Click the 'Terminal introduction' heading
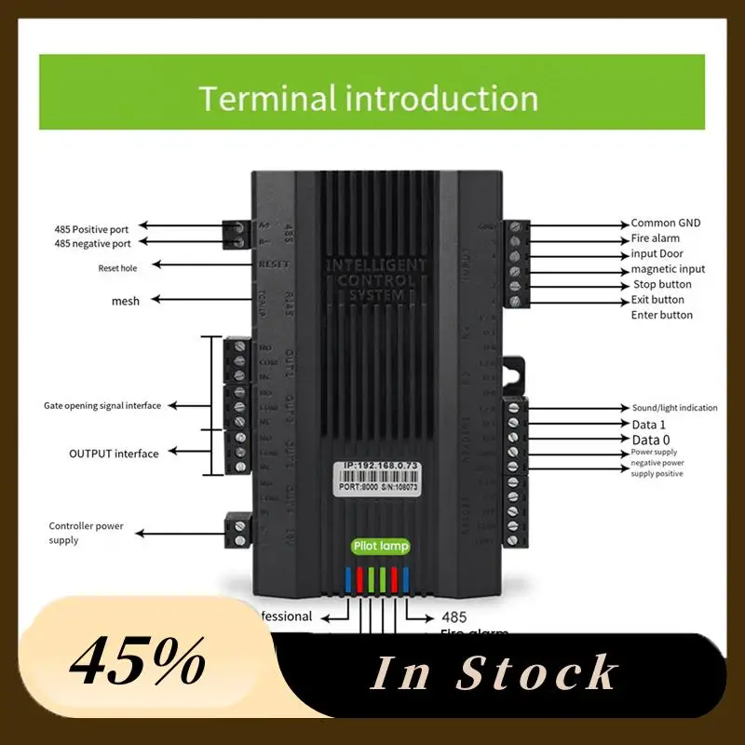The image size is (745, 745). pyautogui.click(x=369, y=99)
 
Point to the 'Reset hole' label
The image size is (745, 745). pyautogui.click(x=123, y=268)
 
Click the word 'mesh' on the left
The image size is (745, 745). pyautogui.click(x=125, y=300)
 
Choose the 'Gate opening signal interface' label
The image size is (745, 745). pyautogui.click(x=102, y=406)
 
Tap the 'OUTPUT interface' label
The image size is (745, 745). pyautogui.click(x=114, y=454)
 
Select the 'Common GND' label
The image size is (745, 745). pyautogui.click(x=665, y=223)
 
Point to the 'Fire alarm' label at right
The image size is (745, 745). pyautogui.click(x=656, y=238)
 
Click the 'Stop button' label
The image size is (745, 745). pyautogui.click(x=662, y=284)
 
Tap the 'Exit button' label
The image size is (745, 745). pyautogui.click(x=657, y=300)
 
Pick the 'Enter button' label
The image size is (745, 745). pyautogui.click(x=662, y=315)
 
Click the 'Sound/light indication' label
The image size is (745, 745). pyautogui.click(x=674, y=408)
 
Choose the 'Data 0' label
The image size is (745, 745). pyautogui.click(x=651, y=440)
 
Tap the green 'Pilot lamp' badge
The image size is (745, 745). pyautogui.click(x=381, y=547)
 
